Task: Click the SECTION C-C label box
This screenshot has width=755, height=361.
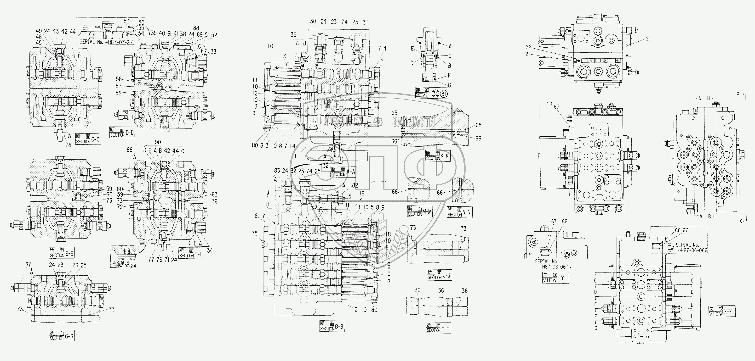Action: pyautogui.click(x=88, y=139)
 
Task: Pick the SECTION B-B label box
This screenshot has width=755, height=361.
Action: pyautogui.click(x=332, y=326)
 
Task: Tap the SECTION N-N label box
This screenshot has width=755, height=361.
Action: pyautogui.click(x=459, y=212)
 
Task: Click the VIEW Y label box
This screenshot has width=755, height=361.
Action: pyautogui.click(x=555, y=277)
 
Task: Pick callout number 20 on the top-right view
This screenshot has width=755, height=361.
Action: pyautogui.click(x=648, y=39)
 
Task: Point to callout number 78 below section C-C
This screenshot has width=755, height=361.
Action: pyautogui.click(x=68, y=145)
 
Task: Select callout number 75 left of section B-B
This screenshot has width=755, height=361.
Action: pyautogui.click(x=255, y=233)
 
